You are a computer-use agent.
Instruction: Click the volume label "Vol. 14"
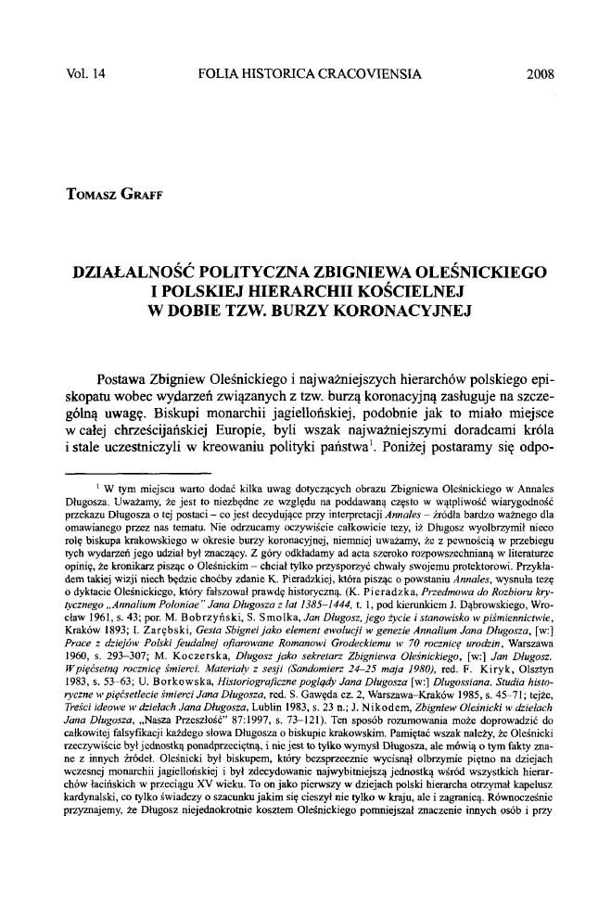click(x=81, y=70)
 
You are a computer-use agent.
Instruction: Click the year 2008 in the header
click(x=539, y=70)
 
